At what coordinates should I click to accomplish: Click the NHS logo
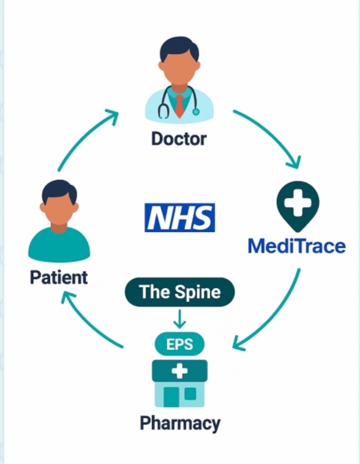coord(180,218)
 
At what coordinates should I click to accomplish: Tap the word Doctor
coord(179,138)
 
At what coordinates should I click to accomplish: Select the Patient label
coord(59,277)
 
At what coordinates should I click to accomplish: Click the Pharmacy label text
coord(180,423)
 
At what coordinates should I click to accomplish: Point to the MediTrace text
coord(297,246)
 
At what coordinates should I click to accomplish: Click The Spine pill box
coord(180,292)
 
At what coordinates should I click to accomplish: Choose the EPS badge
coord(180,344)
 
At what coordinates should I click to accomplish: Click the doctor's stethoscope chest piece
coord(196,112)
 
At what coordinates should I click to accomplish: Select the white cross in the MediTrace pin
coord(298,203)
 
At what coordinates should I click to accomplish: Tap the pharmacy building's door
coord(171,397)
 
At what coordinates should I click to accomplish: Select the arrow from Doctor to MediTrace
coord(273,133)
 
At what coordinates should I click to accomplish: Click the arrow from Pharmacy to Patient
coord(87,323)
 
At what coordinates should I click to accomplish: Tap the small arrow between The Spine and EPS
coord(180,319)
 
